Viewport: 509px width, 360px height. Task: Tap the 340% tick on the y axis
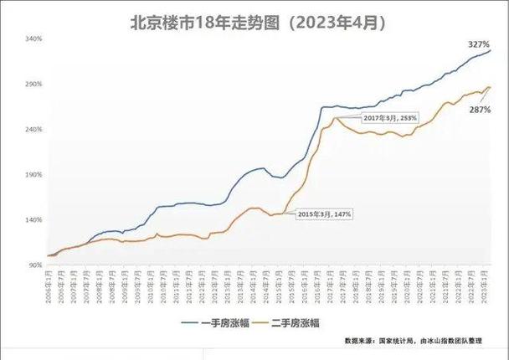click(34, 39)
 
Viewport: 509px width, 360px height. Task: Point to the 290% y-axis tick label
click(34, 85)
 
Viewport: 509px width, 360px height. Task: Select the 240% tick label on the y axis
click(34, 130)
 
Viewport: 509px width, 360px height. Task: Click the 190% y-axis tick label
click(34, 175)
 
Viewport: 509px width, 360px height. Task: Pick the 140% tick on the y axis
click(34, 220)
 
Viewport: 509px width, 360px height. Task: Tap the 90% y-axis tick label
click(36, 265)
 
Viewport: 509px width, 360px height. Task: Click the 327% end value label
click(479, 43)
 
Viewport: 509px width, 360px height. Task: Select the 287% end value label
click(478, 110)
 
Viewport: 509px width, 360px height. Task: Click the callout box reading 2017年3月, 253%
click(389, 118)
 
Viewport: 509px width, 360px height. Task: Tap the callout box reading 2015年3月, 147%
click(325, 213)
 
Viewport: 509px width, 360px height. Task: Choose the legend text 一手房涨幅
click(230, 321)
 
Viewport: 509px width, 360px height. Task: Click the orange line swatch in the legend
click(261, 321)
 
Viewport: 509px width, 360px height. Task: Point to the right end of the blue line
click(491, 50)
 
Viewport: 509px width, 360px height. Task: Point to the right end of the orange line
click(491, 86)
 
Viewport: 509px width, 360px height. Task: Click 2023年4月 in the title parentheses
click(342, 20)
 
